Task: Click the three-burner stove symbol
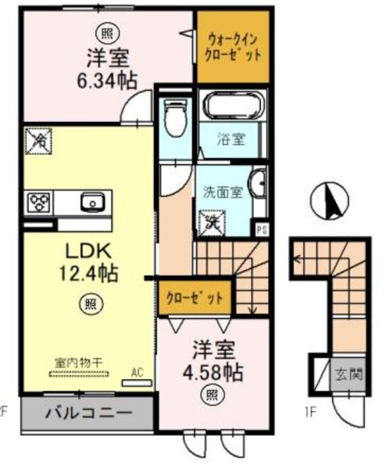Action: tap(39, 202)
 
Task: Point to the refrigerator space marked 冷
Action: tap(39, 140)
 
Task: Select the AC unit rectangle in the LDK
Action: tap(137, 383)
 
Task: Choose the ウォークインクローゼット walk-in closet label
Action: tap(233, 46)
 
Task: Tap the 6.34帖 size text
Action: tap(107, 82)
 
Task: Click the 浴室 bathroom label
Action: tap(230, 138)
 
